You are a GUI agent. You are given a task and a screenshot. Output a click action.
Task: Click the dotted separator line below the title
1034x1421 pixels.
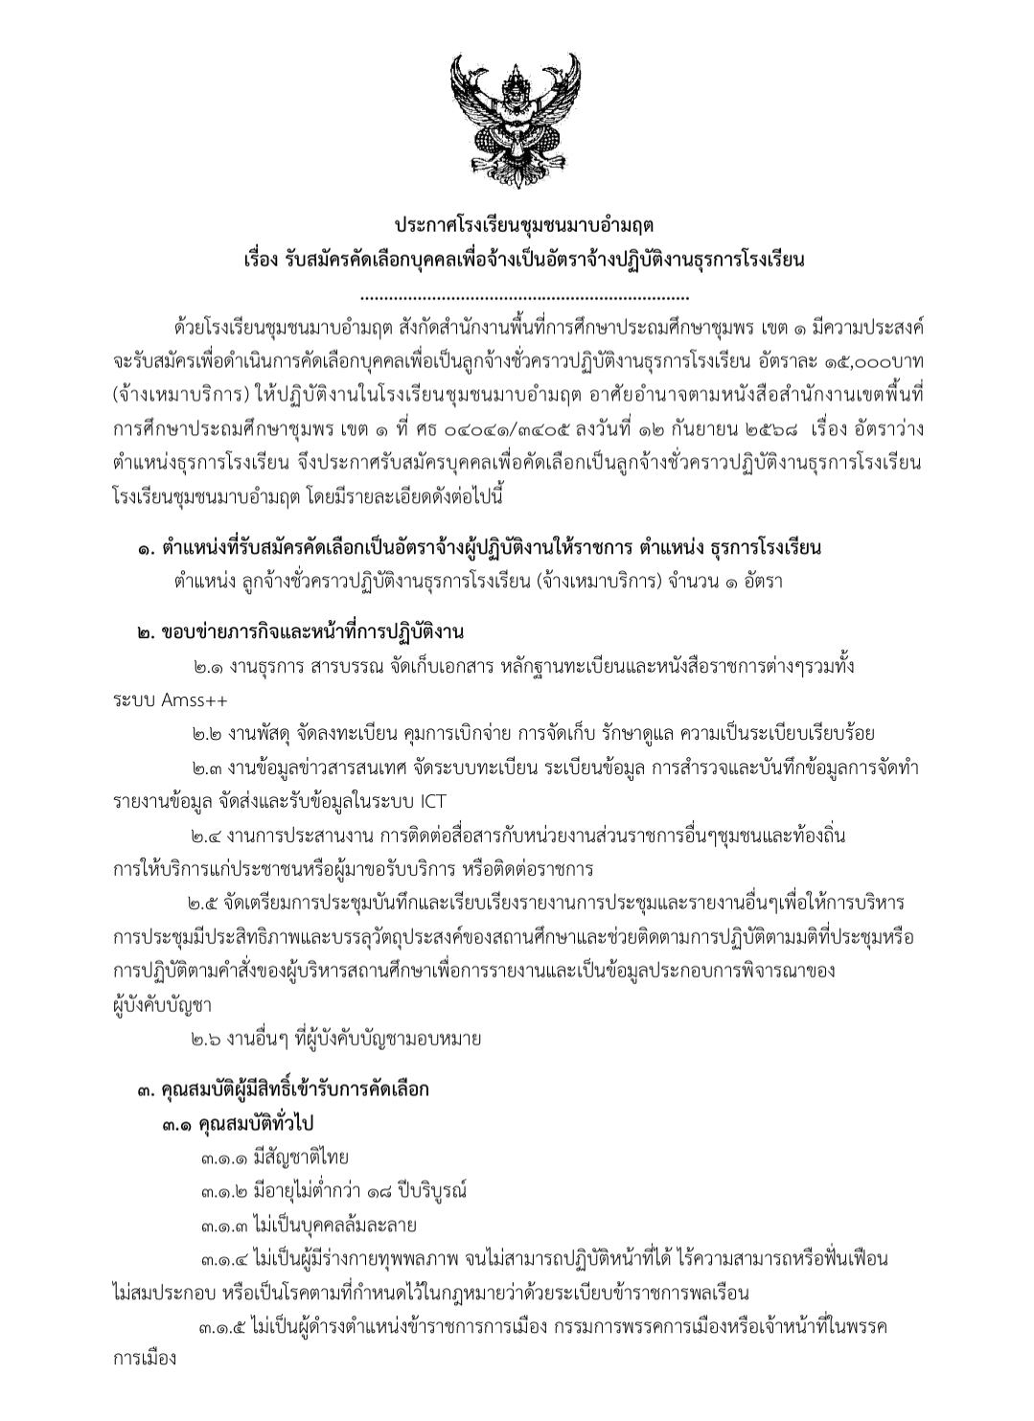pyautogui.click(x=517, y=299)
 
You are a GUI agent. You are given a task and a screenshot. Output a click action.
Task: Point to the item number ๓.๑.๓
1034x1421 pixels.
pyautogui.click(x=223, y=1226)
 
